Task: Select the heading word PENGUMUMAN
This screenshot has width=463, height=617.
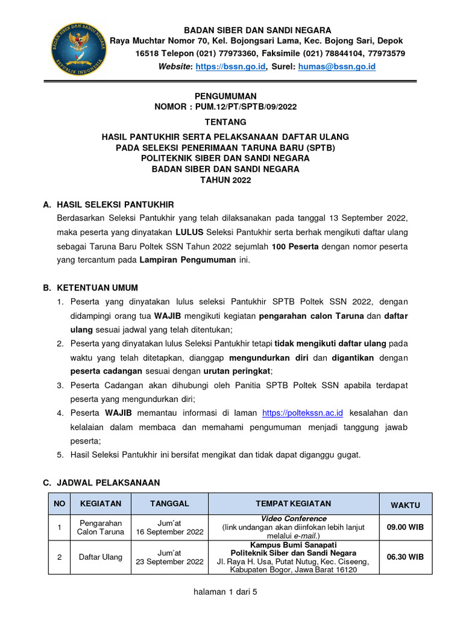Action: click(225, 96)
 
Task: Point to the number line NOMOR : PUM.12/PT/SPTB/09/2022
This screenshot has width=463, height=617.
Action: click(225, 107)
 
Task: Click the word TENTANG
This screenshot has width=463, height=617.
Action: click(225, 122)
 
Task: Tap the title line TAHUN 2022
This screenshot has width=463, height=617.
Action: click(225, 180)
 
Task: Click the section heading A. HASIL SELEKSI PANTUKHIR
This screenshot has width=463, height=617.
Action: click(109, 205)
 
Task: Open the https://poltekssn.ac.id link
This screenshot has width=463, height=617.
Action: click(303, 413)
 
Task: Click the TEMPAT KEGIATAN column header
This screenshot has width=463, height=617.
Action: click(293, 504)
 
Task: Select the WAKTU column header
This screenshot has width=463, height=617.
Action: click(405, 505)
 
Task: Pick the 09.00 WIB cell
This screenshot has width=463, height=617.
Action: click(405, 527)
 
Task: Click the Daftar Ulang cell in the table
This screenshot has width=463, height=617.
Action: click(100, 557)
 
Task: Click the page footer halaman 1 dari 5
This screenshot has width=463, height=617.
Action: click(225, 592)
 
